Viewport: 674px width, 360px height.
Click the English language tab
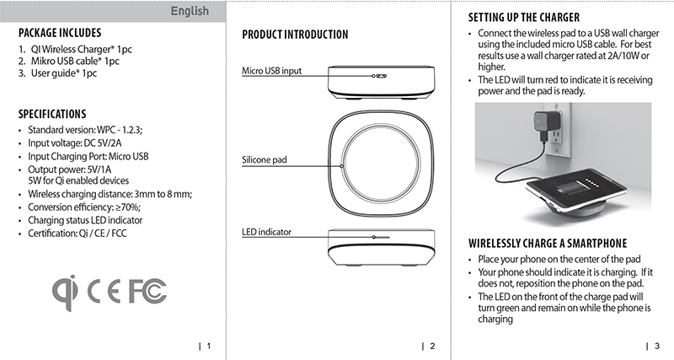[x=190, y=11]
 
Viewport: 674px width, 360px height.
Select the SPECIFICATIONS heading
[x=52, y=114]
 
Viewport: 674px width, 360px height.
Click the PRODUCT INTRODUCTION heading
[x=294, y=35]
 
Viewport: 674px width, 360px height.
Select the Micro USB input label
[x=271, y=72]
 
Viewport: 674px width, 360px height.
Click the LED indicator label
[x=266, y=231]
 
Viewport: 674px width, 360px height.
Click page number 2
[x=431, y=346]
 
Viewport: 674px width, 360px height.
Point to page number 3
[x=655, y=346]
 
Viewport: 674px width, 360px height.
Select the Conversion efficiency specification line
[x=83, y=207]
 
